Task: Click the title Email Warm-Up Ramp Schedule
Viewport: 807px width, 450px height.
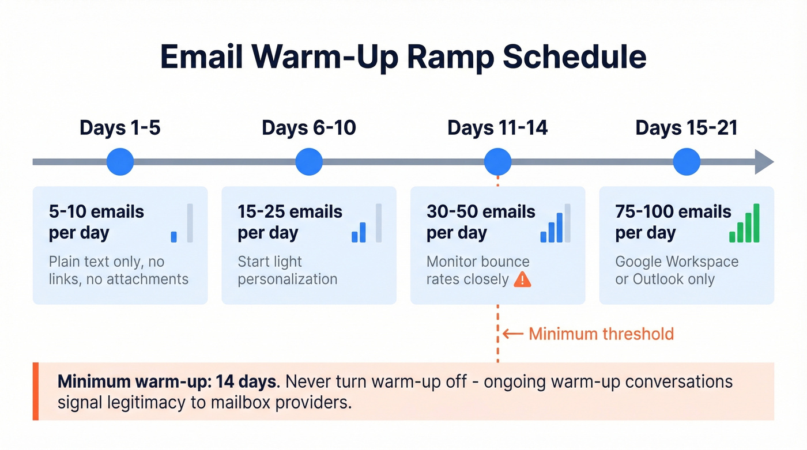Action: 403,57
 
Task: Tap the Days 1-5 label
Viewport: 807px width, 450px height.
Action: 120,128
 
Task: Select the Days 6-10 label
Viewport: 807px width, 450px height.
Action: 309,128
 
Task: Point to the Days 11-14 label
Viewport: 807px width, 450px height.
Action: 497,128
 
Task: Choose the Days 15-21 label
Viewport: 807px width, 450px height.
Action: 687,128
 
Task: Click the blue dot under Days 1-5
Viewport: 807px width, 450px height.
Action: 120,162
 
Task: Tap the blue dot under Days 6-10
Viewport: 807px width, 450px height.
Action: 309,162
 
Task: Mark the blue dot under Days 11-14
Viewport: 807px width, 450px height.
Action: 497,162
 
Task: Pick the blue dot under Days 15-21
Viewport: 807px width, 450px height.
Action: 687,162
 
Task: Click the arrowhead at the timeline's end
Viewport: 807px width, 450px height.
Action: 764,162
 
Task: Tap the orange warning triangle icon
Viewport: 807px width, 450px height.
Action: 522,279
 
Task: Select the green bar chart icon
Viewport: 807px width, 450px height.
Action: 744,224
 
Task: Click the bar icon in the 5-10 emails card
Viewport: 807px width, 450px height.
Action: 182,224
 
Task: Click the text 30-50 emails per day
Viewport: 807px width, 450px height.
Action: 481,222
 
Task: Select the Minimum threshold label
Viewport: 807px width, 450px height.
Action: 601,334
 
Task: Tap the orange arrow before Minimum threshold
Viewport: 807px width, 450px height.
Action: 512,334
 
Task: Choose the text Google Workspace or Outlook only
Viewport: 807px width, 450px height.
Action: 677,270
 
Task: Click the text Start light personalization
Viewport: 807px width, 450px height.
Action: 287,270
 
